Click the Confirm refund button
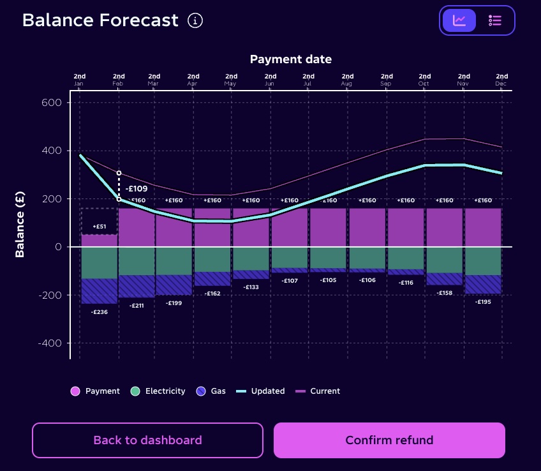click(x=389, y=440)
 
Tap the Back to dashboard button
click(x=147, y=440)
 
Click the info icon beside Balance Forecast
click(x=195, y=20)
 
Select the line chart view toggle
click(x=459, y=20)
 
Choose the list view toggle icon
click(x=494, y=20)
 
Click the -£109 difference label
click(x=137, y=189)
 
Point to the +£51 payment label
click(x=100, y=227)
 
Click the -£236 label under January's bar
click(x=99, y=312)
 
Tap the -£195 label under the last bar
click(x=484, y=301)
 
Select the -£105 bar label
click(x=329, y=280)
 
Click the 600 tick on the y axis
click(x=52, y=103)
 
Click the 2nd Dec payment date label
click(x=501, y=80)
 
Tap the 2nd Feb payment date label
click(x=119, y=80)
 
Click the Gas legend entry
click(x=211, y=391)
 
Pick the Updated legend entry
click(x=260, y=391)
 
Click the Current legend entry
click(x=318, y=391)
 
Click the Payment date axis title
click(x=290, y=59)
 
